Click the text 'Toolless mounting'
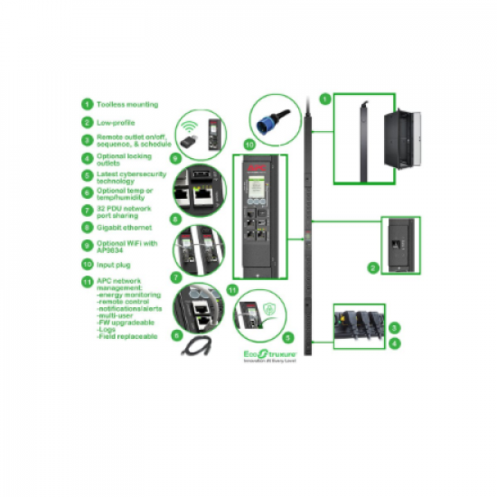tap(127, 105)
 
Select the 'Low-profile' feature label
tap(117, 122)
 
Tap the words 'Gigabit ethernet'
tap(125, 228)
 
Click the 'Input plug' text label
tap(115, 264)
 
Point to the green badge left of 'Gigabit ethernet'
tap(87, 228)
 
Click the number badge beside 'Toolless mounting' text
tap(87, 105)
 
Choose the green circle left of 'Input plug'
tap(87, 264)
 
